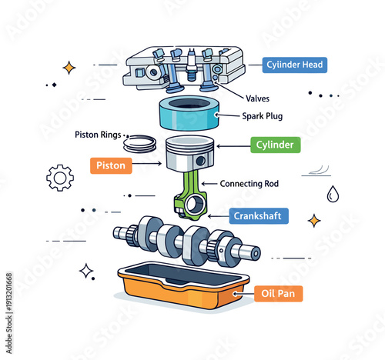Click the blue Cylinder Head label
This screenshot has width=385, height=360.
[x=295, y=65]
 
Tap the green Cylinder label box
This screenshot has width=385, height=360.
[x=275, y=145]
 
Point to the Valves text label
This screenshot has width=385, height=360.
[x=262, y=98]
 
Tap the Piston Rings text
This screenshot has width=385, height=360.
[x=98, y=135]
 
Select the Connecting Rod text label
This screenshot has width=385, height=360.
[x=249, y=184]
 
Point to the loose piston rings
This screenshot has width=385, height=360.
[x=140, y=142]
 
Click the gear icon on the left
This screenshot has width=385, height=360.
[x=60, y=178]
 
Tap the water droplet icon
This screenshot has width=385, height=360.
[x=332, y=194]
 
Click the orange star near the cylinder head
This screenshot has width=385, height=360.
[x=69, y=68]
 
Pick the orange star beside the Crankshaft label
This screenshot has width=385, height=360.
[x=313, y=221]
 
